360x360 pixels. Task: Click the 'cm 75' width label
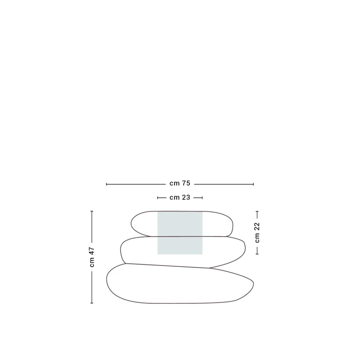tap(180, 183)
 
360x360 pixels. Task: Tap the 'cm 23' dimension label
tap(180, 198)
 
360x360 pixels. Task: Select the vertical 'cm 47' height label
tap(92, 257)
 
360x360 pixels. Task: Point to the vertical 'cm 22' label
tap(257, 232)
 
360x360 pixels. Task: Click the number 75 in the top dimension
tap(186, 183)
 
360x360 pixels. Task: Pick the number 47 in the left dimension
tap(92, 251)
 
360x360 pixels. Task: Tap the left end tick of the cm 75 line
tap(107, 184)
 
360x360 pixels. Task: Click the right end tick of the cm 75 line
tap(253, 184)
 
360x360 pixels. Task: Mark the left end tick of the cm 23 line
tap(157, 198)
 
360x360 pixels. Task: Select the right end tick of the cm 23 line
tap(202, 198)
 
